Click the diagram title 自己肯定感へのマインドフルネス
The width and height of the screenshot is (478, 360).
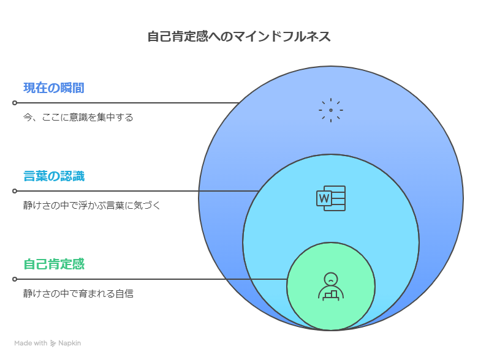pyautogui.click(x=239, y=37)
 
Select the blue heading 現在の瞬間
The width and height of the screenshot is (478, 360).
pyautogui.click(x=54, y=88)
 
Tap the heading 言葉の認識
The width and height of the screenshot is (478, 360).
pyautogui.click(x=54, y=176)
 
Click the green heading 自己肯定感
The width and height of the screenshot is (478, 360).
pyautogui.click(x=54, y=264)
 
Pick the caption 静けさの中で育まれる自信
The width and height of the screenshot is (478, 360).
pyautogui.click(x=78, y=294)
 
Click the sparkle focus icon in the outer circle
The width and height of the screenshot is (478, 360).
pyautogui.click(x=331, y=110)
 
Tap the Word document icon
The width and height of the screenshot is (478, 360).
pyautogui.click(x=331, y=198)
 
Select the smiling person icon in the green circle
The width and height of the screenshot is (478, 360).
pyautogui.click(x=331, y=286)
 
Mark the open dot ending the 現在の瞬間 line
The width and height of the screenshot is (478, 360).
pyautogui.click(x=15, y=103)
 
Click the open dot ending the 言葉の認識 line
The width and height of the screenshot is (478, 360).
pyautogui.click(x=15, y=191)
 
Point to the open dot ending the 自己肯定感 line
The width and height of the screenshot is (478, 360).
pyautogui.click(x=15, y=279)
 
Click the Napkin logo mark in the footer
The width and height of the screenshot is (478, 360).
pyautogui.click(x=53, y=343)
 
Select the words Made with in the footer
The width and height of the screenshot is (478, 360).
pyautogui.click(x=31, y=343)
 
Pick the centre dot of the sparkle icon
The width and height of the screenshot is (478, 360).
pyautogui.click(x=331, y=110)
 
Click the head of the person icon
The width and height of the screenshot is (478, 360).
pyautogui.click(x=331, y=279)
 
